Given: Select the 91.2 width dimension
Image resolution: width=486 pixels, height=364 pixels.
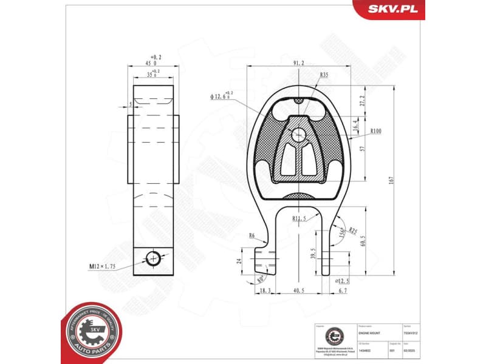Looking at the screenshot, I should [299, 62].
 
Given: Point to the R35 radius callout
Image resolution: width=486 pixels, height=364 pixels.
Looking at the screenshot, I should [324, 75].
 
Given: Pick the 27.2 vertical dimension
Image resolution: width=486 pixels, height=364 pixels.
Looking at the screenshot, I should [363, 101].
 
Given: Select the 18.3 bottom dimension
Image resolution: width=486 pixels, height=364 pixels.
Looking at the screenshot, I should [265, 291].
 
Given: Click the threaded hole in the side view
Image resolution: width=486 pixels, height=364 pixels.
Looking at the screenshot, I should [154, 258].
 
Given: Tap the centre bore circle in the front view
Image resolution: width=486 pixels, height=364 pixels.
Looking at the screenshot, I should [299, 135].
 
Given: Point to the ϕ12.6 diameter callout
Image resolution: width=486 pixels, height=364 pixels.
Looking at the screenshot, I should [222, 96].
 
